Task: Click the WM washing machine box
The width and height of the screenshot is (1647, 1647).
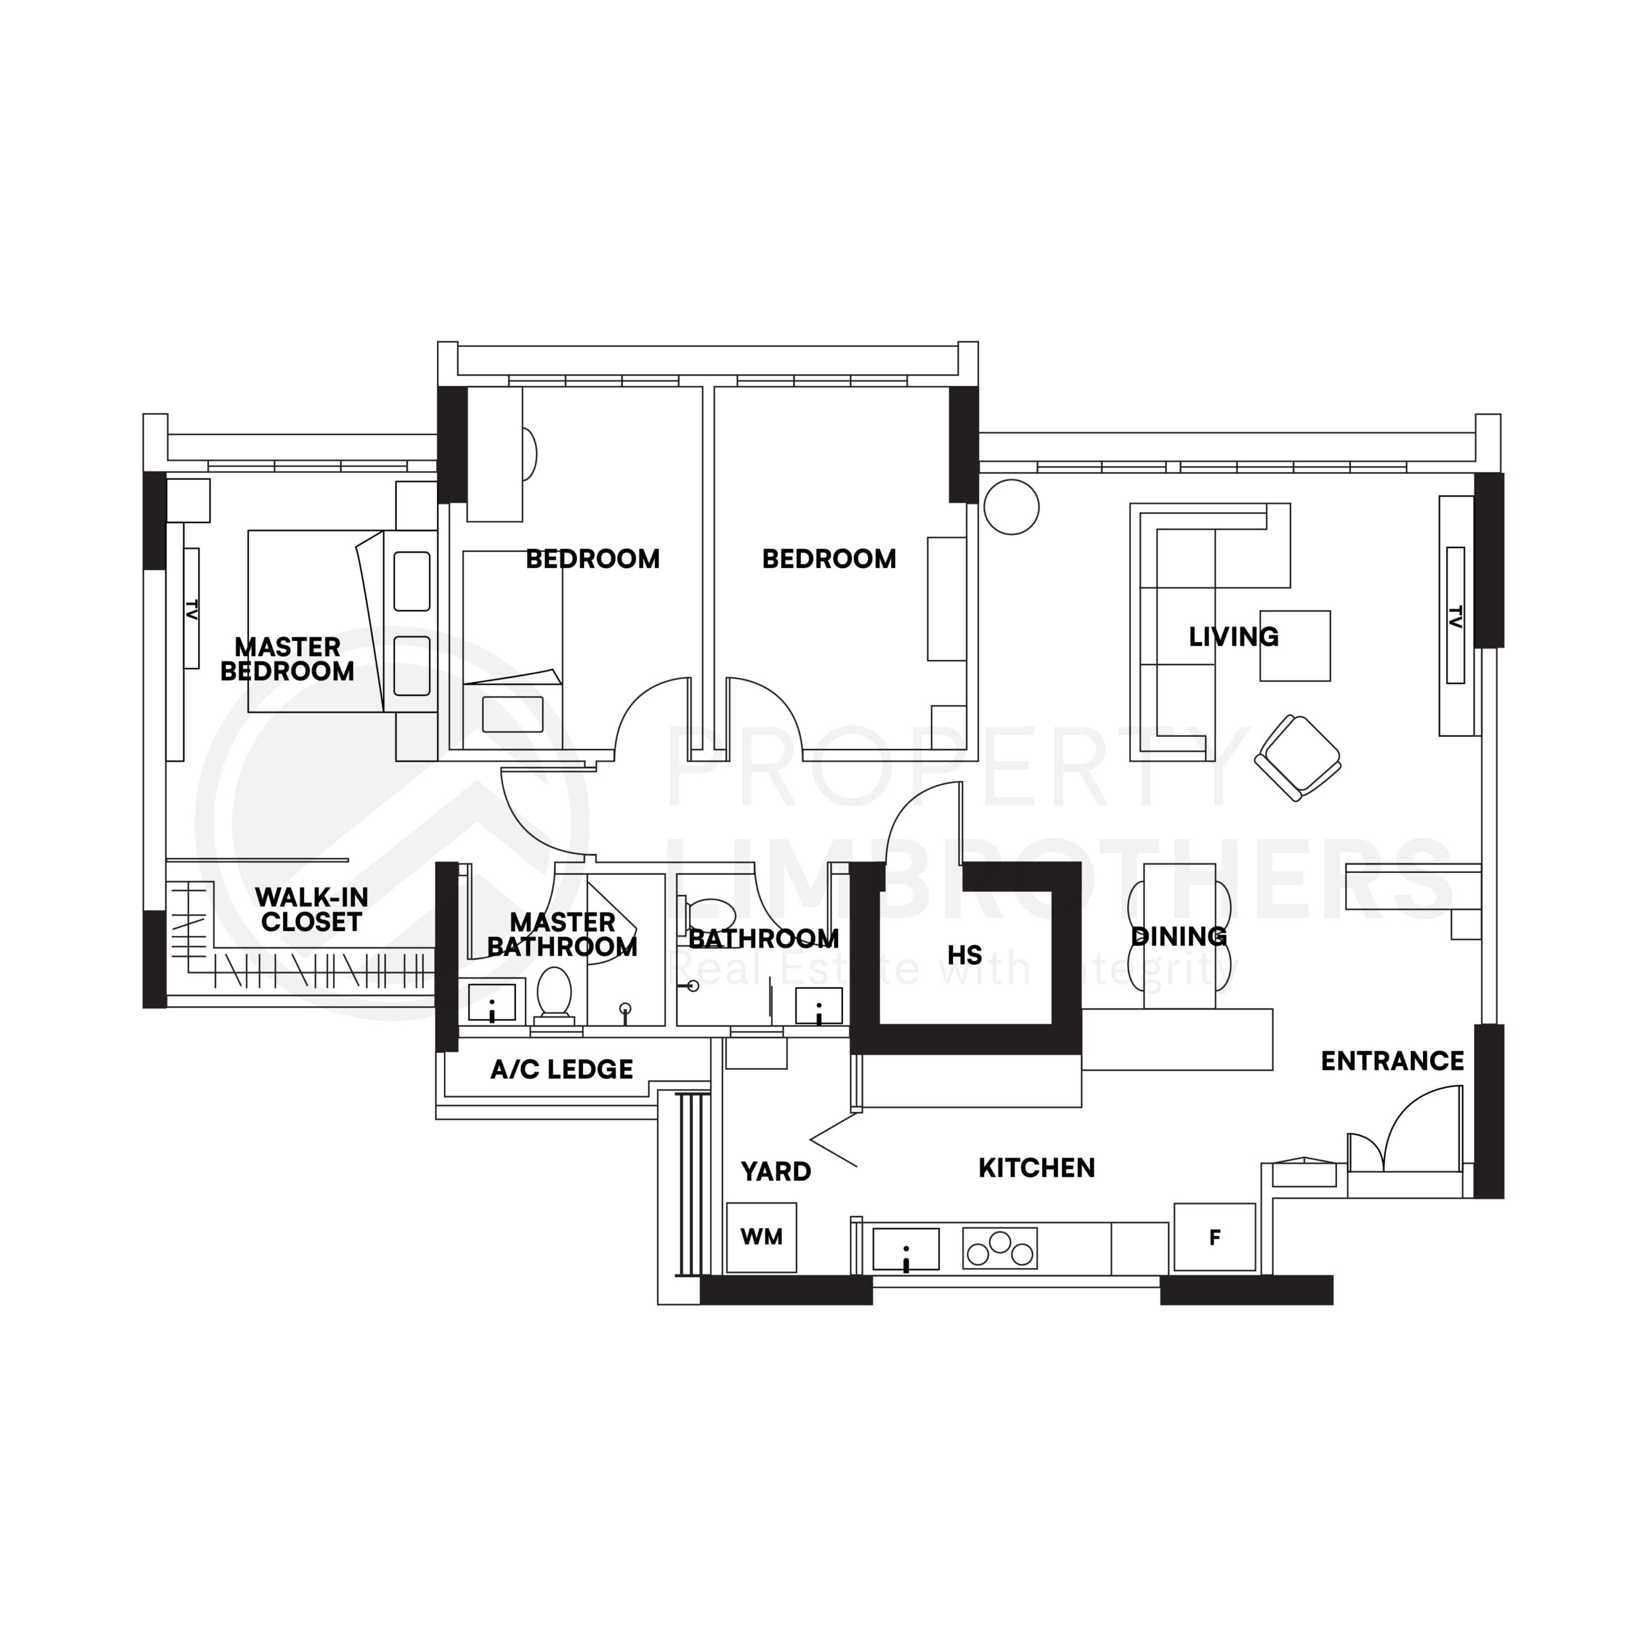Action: (x=760, y=1237)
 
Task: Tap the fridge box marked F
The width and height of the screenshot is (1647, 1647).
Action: (x=1214, y=1237)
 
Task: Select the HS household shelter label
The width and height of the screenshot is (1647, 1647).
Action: (x=964, y=955)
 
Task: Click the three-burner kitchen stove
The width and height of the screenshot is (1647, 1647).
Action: (x=999, y=1248)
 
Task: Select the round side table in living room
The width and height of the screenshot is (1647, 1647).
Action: (x=1011, y=507)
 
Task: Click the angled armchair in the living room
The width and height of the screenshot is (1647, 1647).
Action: (x=1298, y=757)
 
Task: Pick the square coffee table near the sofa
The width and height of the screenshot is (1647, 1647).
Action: (x=1295, y=645)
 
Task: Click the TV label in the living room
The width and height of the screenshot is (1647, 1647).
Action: (x=1455, y=616)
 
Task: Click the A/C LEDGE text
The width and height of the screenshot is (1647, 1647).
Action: (x=562, y=1069)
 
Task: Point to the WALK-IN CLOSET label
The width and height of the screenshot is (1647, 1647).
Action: (x=311, y=909)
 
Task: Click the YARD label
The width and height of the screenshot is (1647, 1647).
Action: (x=776, y=1172)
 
